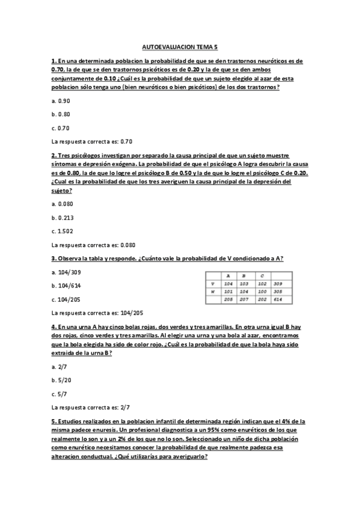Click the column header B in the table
tap(244, 276)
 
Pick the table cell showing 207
tap(244, 299)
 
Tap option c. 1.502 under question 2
tap(63, 231)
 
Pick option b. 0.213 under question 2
tap(63, 217)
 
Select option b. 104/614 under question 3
tap(67, 286)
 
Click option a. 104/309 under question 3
tap(67, 272)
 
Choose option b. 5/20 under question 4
tap(61, 380)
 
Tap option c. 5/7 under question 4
tap(59, 394)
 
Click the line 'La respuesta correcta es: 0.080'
tap(94, 245)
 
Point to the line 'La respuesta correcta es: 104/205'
tap(97, 313)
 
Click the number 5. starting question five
tap(53, 421)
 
